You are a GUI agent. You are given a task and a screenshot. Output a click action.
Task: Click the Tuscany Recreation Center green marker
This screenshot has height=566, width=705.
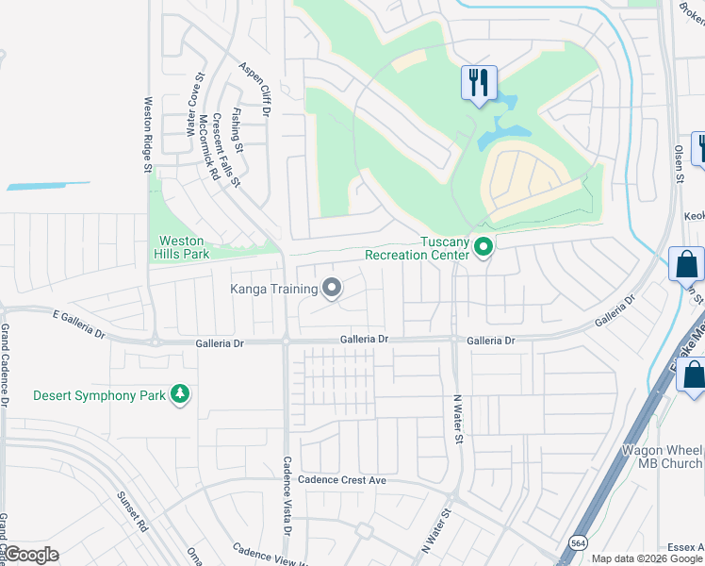pyautogui.click(x=484, y=248)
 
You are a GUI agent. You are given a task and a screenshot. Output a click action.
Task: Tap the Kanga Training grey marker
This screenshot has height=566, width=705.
pyautogui.click(x=331, y=288)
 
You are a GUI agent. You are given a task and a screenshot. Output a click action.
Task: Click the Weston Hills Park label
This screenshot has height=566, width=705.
pyautogui.click(x=182, y=247)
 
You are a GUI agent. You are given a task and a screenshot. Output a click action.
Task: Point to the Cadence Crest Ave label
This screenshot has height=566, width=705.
pyautogui.click(x=343, y=480)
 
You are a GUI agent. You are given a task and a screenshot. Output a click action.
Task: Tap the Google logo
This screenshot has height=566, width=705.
pyautogui.click(x=30, y=555)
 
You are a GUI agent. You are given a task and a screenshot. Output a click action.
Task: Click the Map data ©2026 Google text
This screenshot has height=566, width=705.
pyautogui.click(x=647, y=558)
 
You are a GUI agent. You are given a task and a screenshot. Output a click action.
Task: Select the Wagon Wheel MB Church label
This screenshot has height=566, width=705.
pyautogui.click(x=662, y=457)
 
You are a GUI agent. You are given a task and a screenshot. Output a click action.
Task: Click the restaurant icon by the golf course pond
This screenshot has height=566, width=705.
pyautogui.click(x=479, y=82)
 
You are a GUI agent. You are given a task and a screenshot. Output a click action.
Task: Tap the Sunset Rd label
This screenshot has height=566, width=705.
pyautogui.click(x=135, y=510)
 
